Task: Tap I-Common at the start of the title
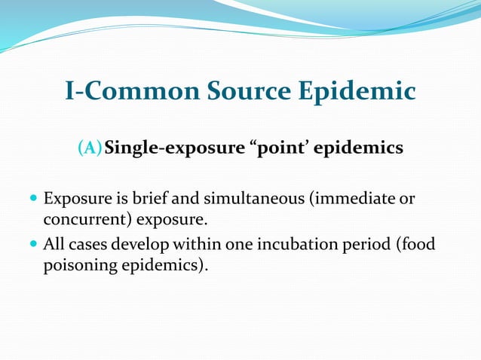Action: [122, 92]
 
